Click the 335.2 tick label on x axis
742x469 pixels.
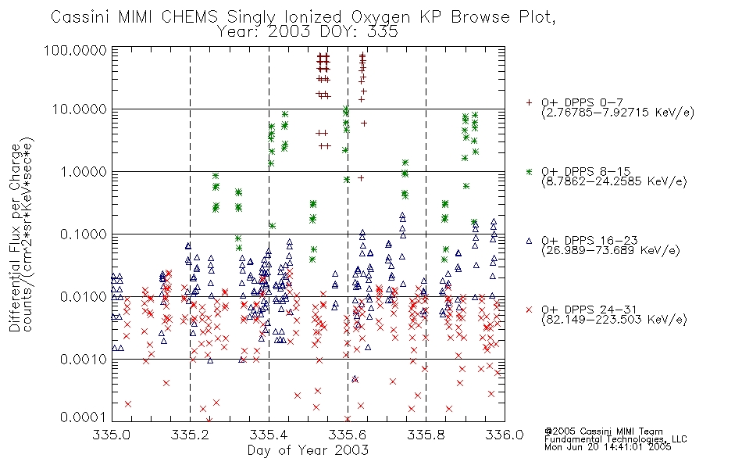click(190, 435)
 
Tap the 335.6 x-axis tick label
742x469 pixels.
click(348, 435)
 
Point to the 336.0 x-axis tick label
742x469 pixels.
click(505, 435)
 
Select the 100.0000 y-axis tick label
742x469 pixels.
click(75, 50)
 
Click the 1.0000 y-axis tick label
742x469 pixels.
click(84, 171)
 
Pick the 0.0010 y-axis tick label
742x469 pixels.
click(84, 360)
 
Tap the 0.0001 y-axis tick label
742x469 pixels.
click(84, 417)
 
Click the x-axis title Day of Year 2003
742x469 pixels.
click(308, 450)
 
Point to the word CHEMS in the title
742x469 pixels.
click(189, 17)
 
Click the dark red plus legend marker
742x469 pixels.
click(529, 102)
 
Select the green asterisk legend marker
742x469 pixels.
click(529, 171)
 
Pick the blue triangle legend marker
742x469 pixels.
click(529, 241)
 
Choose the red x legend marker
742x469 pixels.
click(529, 310)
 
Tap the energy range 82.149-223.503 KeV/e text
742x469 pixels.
click(614, 320)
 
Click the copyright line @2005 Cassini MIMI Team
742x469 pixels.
click(603, 431)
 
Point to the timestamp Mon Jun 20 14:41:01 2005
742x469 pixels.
click(608, 447)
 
